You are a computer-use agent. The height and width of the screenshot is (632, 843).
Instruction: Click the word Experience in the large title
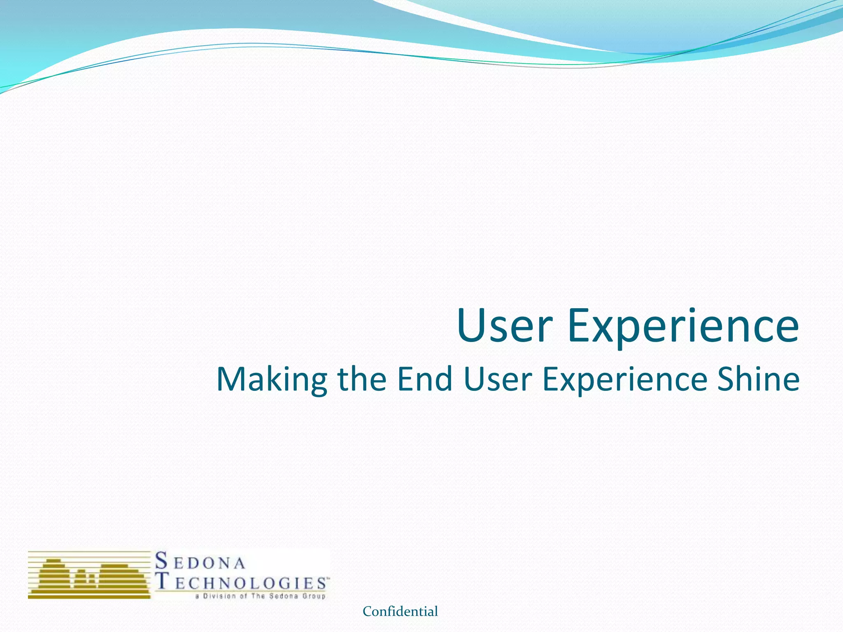point(683,327)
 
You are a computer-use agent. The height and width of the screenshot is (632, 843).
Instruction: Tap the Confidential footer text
point(400,611)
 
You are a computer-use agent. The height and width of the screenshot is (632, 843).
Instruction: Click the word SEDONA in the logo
point(200,562)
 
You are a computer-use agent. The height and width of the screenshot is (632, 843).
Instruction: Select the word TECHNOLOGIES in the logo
point(242,583)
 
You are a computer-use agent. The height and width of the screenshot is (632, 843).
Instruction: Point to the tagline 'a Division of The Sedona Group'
point(261,596)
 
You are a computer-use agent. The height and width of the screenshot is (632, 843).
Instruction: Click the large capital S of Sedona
point(161,561)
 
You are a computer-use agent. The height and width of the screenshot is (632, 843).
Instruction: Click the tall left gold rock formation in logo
point(53,578)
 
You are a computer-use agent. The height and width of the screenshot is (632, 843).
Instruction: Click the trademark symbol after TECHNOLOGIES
point(328,578)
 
